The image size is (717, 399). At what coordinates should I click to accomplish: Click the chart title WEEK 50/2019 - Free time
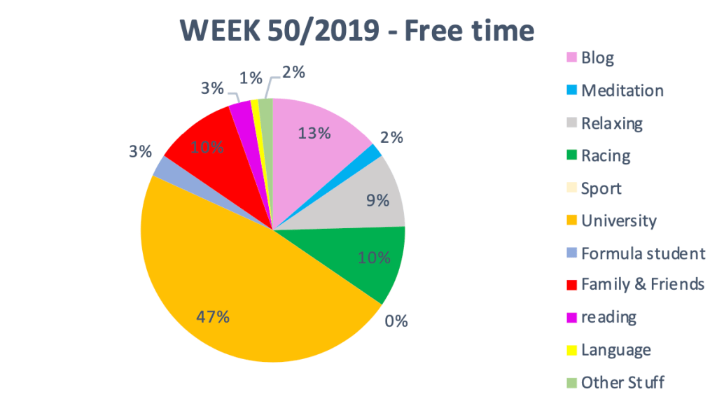tap(357, 31)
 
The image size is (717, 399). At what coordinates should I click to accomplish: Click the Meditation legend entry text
tap(622, 90)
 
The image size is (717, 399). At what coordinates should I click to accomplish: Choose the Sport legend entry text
tap(601, 188)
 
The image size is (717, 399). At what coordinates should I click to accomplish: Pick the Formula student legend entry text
tap(643, 253)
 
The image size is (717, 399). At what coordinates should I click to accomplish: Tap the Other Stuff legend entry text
tap(622, 382)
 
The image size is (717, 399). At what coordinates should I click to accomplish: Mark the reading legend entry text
tap(608, 317)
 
